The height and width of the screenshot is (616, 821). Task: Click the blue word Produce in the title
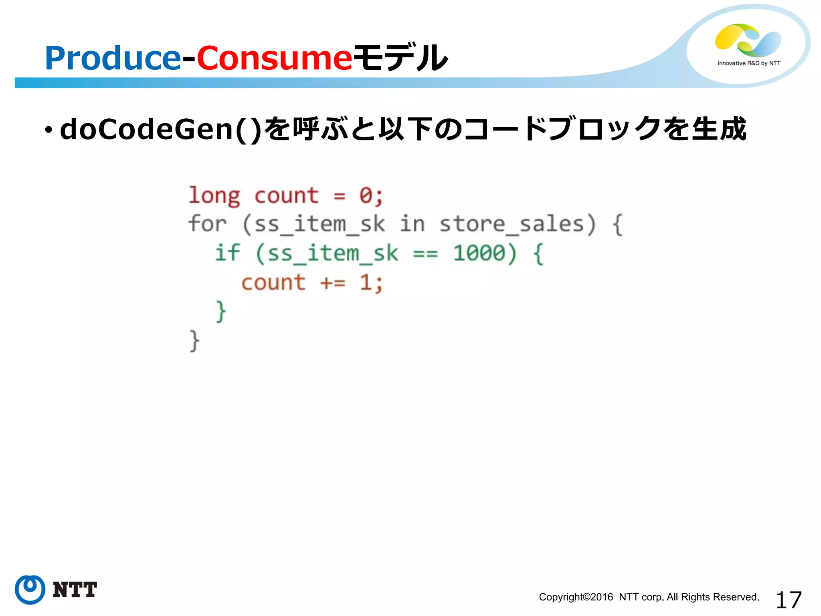click(x=113, y=58)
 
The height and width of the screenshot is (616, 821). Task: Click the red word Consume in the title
click(x=274, y=58)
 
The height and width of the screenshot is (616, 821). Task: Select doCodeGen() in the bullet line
click(x=160, y=130)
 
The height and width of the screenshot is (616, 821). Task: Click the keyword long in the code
click(x=214, y=196)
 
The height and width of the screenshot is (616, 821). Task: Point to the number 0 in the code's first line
click(x=366, y=196)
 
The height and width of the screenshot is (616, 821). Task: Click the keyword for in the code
click(x=208, y=224)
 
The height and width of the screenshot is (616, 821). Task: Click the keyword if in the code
click(x=227, y=253)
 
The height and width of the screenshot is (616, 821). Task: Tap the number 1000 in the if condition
click(x=479, y=253)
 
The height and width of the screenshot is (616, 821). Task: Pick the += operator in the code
click(x=333, y=283)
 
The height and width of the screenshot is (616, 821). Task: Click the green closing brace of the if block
click(x=221, y=311)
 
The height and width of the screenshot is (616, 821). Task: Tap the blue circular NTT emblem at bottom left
click(x=30, y=590)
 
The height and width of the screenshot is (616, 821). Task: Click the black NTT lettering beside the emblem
click(x=75, y=590)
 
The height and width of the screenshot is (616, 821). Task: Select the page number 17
click(x=789, y=600)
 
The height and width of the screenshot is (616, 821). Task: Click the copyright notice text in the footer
click(x=649, y=597)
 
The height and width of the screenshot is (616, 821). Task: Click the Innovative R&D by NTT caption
click(x=749, y=63)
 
